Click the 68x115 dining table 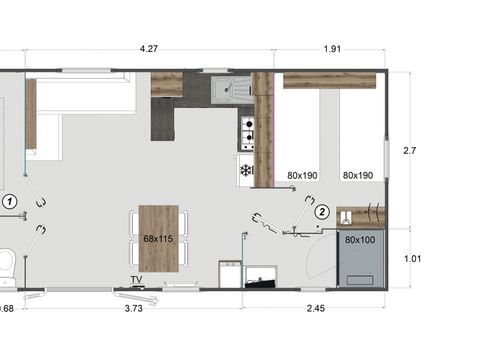[158, 238]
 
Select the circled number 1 [10, 201]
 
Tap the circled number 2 [322, 211]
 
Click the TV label [136, 280]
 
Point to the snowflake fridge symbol [245, 170]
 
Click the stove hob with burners [246, 129]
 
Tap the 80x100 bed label [360, 240]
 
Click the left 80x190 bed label [301, 175]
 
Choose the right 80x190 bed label [357, 175]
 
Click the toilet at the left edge [5, 265]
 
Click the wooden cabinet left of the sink [166, 85]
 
